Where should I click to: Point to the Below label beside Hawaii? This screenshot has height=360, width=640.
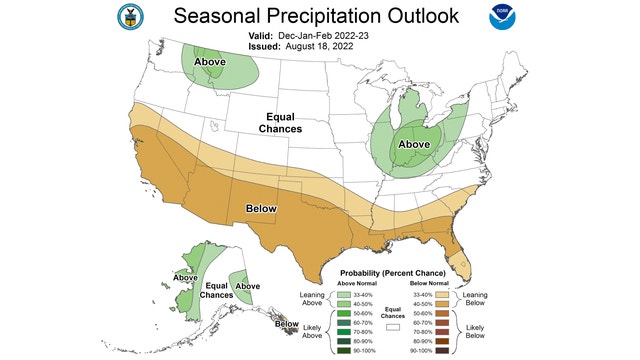tap(287, 324)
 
